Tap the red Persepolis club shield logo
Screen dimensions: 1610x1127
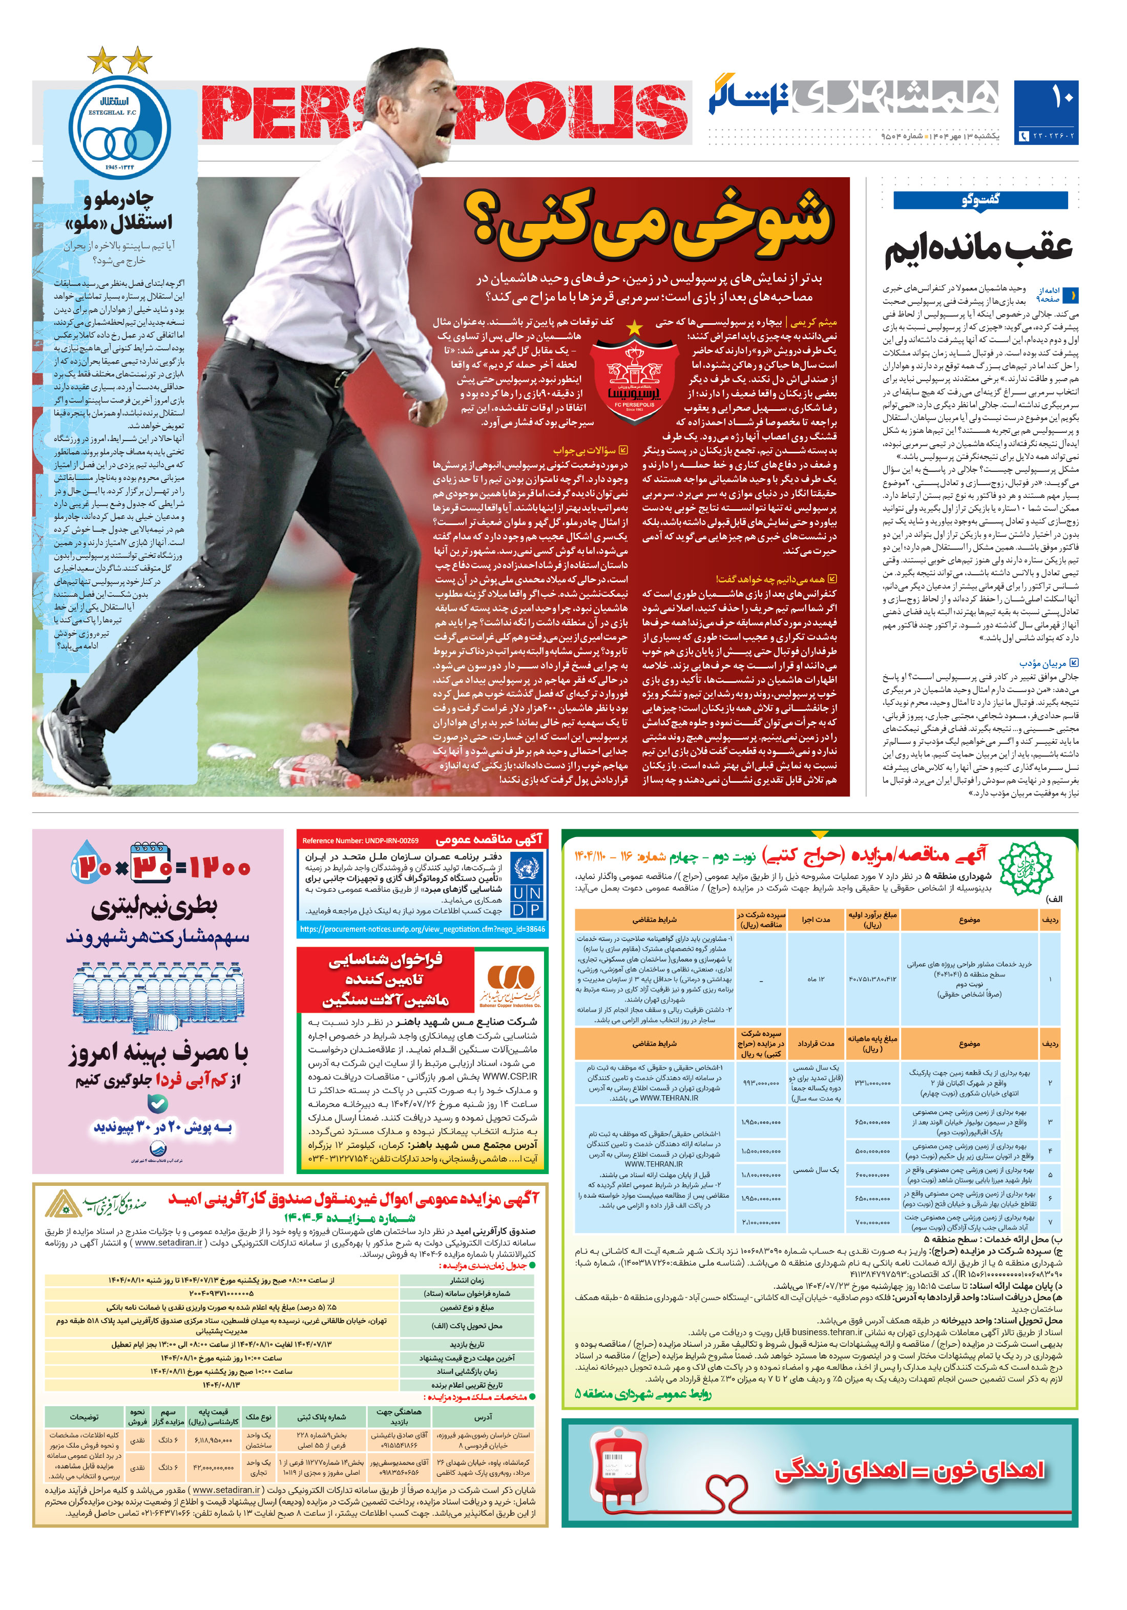coord(633,377)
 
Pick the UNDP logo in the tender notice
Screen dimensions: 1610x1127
coord(526,886)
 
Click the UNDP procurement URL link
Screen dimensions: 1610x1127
coord(422,929)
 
